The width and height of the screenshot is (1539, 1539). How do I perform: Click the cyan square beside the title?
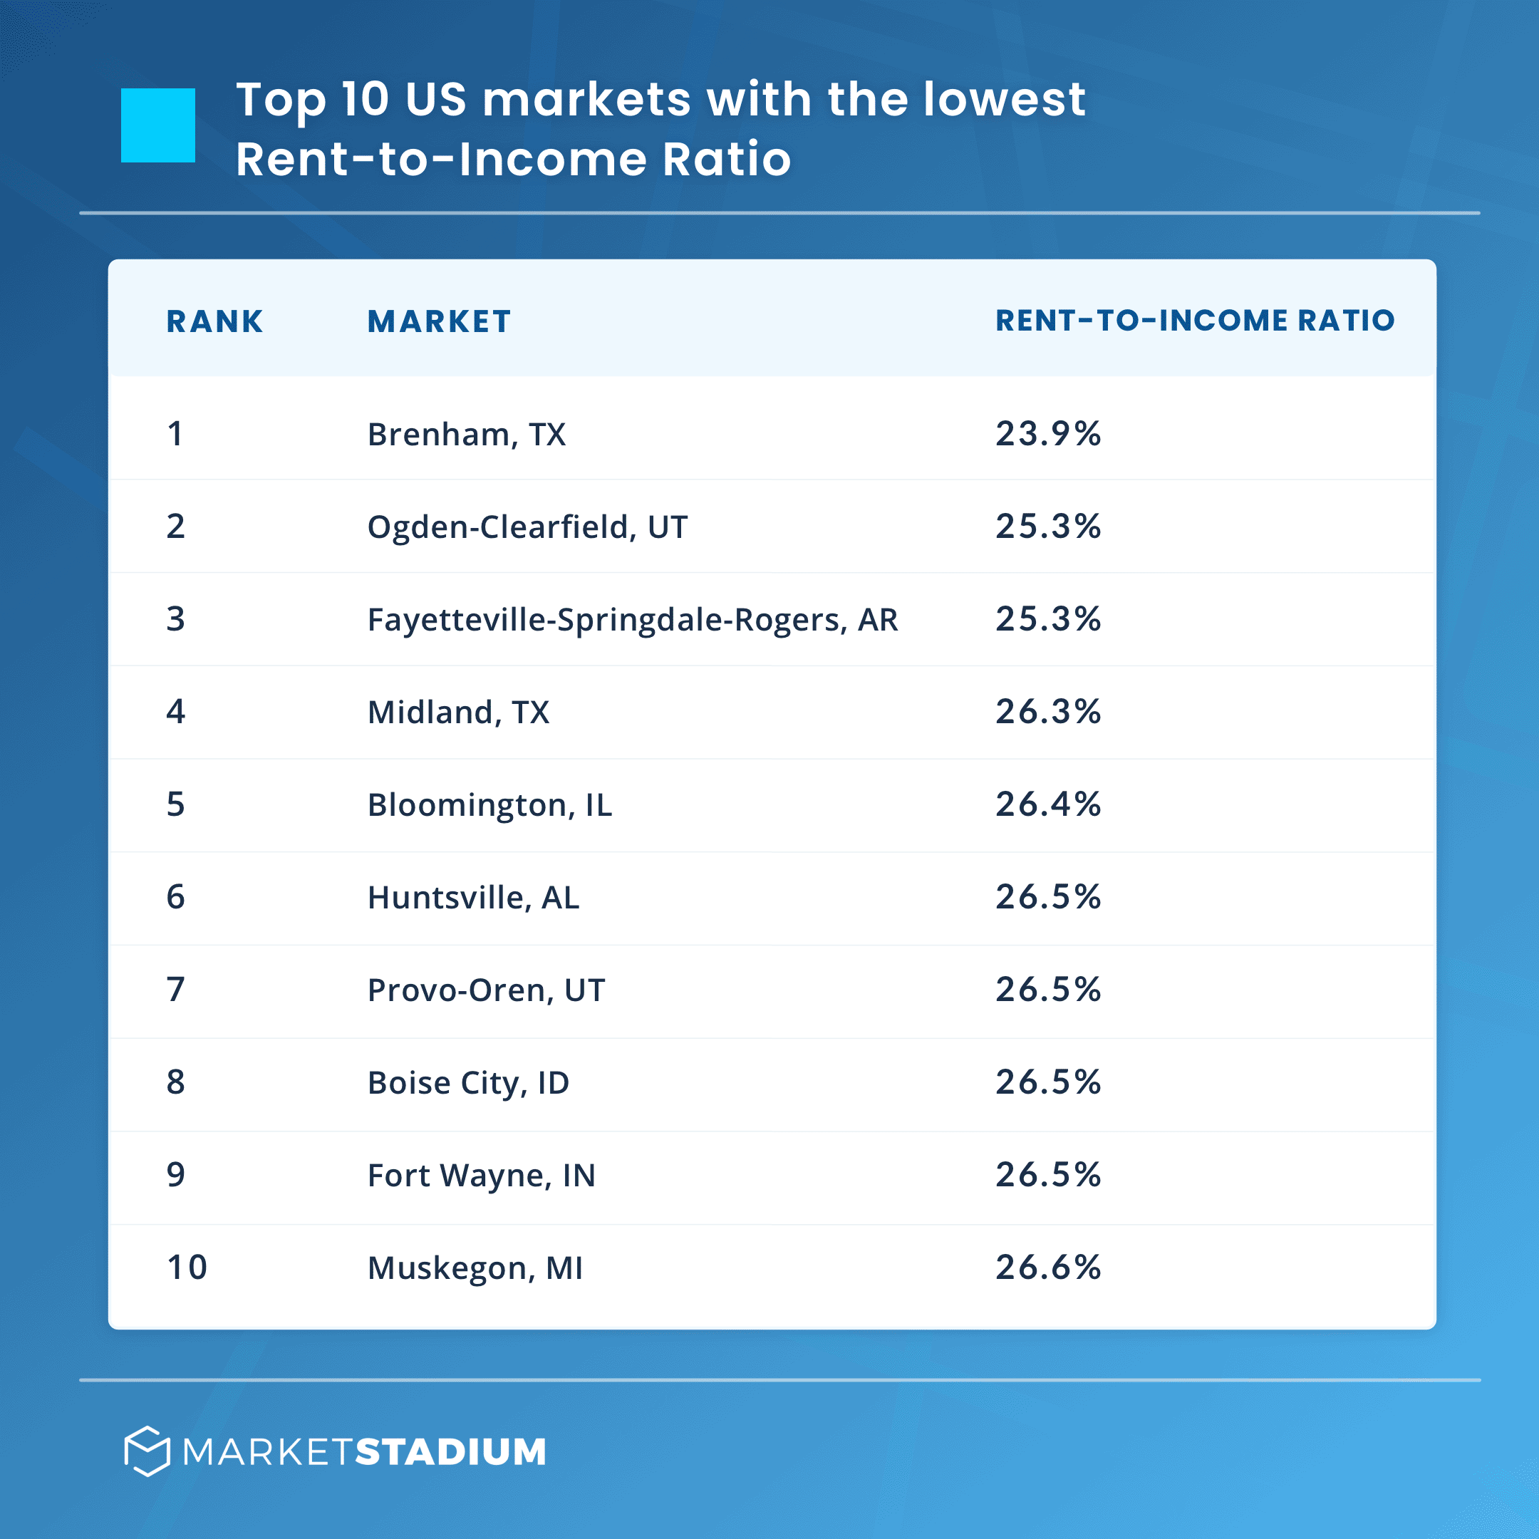point(157,125)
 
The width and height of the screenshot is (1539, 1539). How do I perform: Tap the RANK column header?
point(214,322)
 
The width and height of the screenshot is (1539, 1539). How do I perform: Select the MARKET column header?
point(439,322)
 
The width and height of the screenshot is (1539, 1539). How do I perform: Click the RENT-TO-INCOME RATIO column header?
point(1195,320)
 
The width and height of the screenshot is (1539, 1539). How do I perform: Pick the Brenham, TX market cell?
point(466,435)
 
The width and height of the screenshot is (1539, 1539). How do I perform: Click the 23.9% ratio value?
point(1047,434)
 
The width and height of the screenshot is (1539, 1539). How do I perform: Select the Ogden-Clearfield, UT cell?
point(527,527)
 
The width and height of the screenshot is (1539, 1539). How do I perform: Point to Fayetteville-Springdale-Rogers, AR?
point(633,620)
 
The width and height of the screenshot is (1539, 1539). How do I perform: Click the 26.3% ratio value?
point(1047,711)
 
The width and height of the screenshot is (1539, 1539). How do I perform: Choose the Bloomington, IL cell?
point(489,805)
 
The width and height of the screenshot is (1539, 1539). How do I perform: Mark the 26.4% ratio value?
point(1047,804)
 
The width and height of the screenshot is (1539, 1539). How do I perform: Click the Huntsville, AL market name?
point(473,898)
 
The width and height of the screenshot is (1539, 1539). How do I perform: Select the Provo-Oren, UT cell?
point(486,990)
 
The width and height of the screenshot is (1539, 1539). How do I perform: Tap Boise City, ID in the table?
point(468,1083)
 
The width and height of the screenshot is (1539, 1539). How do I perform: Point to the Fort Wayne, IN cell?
point(481,1176)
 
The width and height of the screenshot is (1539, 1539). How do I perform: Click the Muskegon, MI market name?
point(475,1268)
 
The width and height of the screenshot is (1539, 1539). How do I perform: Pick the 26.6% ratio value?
point(1047,1268)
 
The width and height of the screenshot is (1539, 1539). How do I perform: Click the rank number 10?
point(187,1268)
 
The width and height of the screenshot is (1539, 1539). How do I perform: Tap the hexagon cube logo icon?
point(147,1451)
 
